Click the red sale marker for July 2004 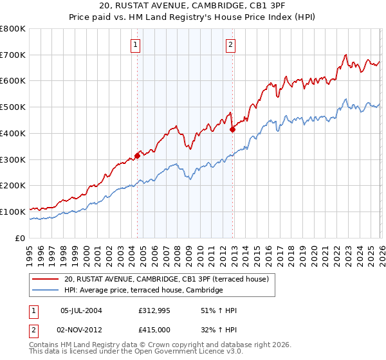[137, 155]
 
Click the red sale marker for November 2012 [233, 129]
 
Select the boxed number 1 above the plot [136, 45]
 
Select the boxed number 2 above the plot [230, 45]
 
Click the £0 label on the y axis [21, 238]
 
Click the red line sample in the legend [46, 279]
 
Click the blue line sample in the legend [46, 291]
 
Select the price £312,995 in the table [153, 310]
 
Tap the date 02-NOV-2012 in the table [84, 329]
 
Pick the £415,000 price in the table [153, 329]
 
